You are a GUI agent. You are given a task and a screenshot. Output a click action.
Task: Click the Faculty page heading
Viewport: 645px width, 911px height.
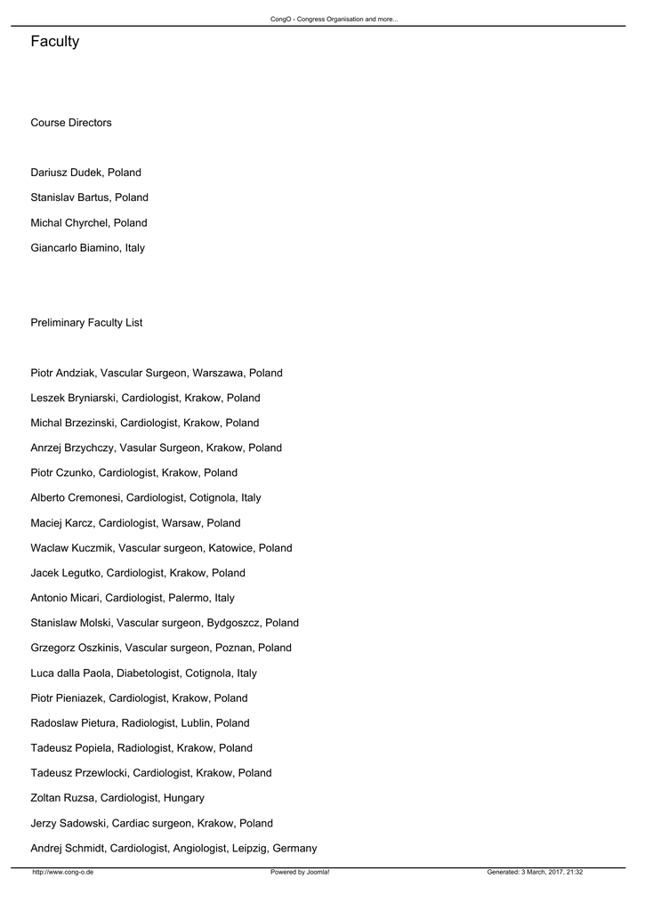coord(54,42)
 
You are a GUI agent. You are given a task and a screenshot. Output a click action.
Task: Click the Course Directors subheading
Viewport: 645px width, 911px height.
coord(71,123)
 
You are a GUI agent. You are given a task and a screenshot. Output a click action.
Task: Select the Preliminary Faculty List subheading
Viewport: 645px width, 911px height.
coord(86,323)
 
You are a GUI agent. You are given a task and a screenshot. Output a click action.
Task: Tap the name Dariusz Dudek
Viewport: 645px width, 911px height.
coord(66,173)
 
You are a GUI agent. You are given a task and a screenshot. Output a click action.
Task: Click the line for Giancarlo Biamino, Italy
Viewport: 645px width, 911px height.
coord(87,248)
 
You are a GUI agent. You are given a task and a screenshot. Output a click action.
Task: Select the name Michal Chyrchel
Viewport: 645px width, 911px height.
coord(69,222)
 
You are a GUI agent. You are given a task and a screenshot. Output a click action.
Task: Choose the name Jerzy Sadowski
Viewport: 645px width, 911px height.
coord(68,823)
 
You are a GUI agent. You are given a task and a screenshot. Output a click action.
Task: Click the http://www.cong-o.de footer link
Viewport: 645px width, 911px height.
coord(62,873)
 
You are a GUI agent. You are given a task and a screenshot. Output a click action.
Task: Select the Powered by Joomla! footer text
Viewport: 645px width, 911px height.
coord(300,873)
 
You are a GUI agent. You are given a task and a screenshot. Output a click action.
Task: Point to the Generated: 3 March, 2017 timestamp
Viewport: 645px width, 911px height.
coord(535,873)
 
